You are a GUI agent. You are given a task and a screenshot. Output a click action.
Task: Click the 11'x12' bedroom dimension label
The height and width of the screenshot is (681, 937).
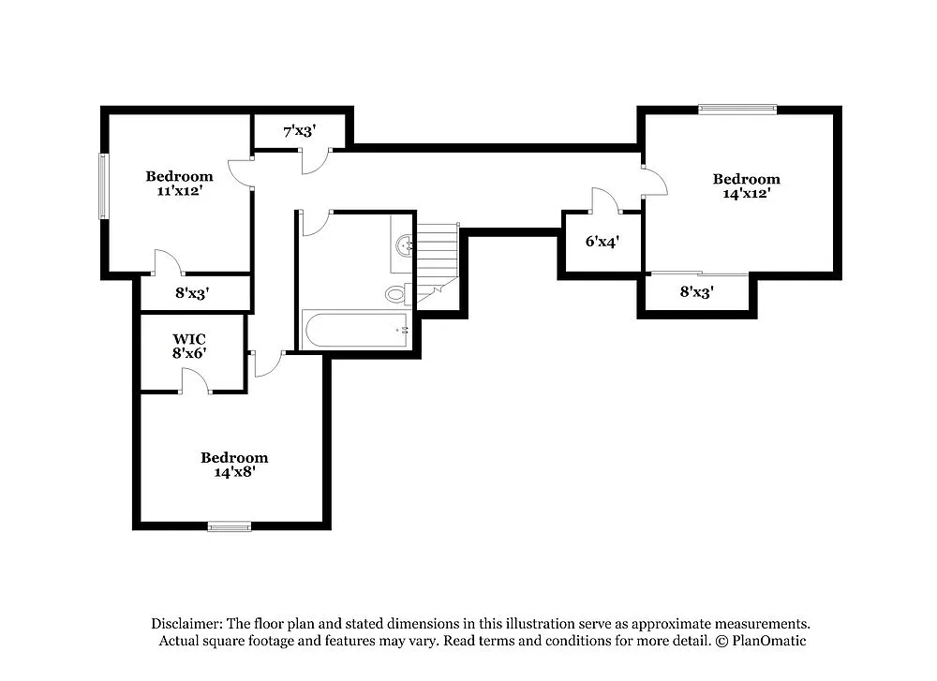(x=179, y=190)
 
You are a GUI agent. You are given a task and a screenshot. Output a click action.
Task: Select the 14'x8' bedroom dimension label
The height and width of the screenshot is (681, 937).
(x=234, y=472)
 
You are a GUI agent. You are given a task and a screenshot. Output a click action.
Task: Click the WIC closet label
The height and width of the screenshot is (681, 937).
(x=188, y=338)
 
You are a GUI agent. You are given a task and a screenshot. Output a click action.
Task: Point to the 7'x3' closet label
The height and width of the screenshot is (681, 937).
(x=299, y=130)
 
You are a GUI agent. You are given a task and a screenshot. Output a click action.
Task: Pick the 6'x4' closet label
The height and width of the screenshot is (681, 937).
(x=602, y=241)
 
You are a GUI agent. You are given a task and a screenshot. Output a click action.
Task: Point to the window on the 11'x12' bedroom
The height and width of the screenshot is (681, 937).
(x=104, y=185)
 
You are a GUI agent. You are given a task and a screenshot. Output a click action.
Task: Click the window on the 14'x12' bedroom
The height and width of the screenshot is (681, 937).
(x=737, y=109)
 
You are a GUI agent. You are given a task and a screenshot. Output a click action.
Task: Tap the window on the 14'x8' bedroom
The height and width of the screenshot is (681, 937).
(x=230, y=526)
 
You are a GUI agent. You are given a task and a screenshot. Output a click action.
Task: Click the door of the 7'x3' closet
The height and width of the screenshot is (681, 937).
(x=313, y=161)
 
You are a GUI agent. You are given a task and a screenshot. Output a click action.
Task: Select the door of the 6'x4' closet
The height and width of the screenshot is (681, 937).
(x=604, y=200)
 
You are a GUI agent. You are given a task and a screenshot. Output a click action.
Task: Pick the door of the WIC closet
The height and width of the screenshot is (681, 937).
(x=195, y=380)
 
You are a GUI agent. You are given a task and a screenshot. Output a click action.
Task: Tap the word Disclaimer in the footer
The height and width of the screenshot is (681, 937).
(x=186, y=623)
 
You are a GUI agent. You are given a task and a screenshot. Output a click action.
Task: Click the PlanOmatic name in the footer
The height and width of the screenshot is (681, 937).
(x=767, y=641)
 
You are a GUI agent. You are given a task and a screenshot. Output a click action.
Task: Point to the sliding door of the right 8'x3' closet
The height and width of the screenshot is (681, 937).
(x=699, y=274)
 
